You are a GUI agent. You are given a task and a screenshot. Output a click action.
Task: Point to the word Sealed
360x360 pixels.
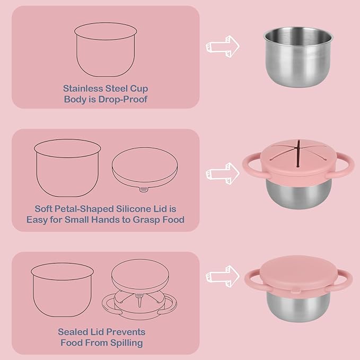pos(72,332)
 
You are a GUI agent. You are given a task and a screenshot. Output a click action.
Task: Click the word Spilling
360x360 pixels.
pos(125,343)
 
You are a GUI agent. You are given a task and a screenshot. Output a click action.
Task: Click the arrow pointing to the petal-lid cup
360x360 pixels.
pos(223,172)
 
